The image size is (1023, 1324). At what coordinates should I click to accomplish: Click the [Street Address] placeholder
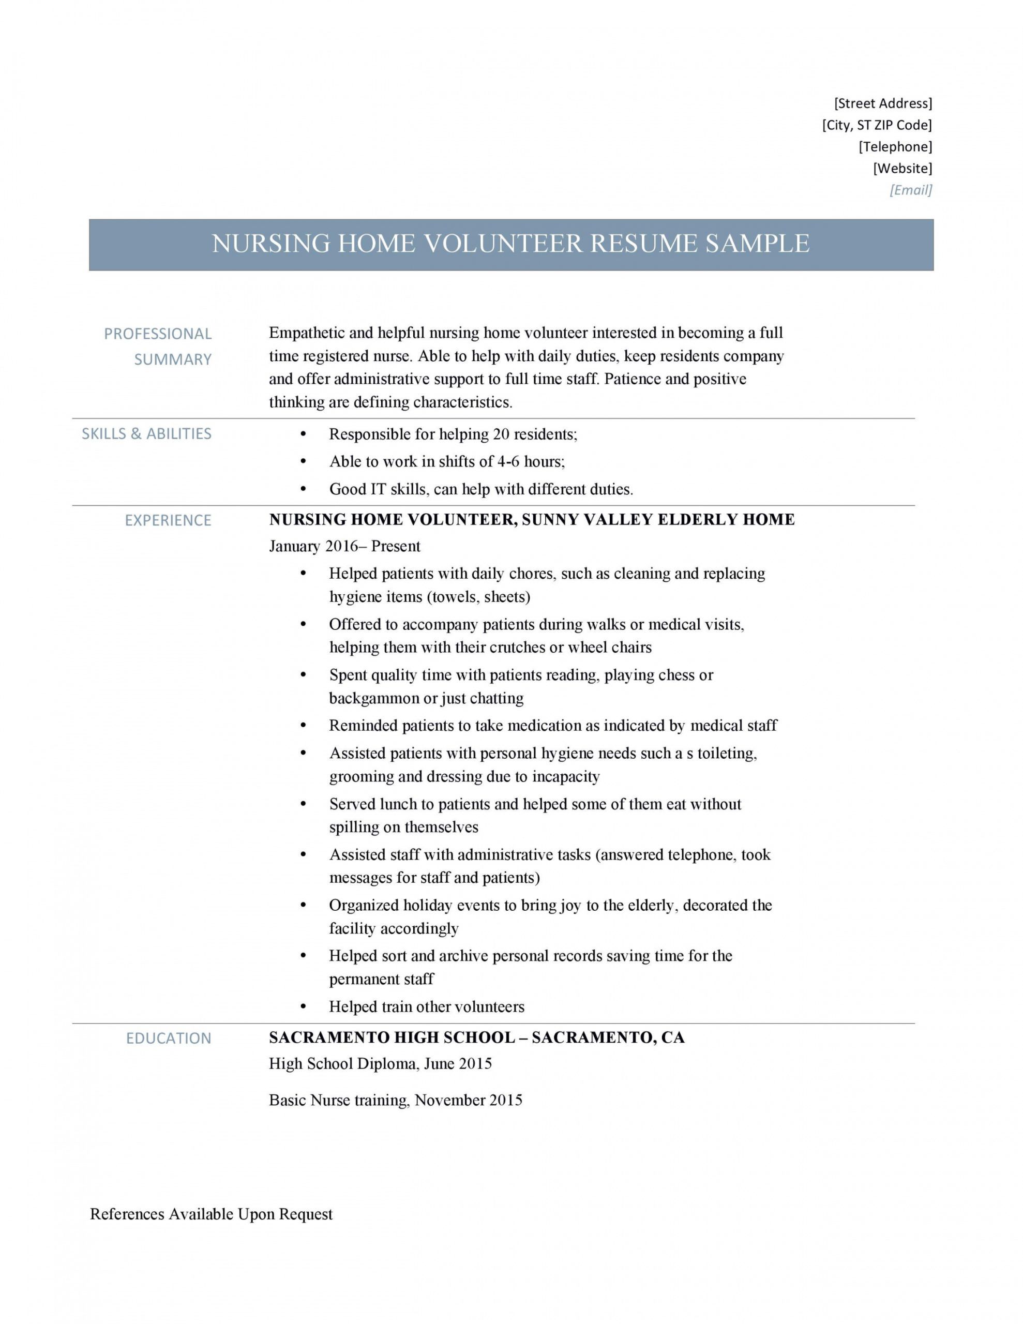(x=882, y=103)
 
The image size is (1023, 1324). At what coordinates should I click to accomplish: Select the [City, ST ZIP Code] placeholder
(x=876, y=125)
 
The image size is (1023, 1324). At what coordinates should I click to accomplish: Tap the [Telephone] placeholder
(x=895, y=147)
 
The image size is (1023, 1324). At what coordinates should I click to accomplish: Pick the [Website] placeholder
(x=902, y=168)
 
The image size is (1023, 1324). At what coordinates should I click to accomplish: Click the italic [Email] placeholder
(x=910, y=190)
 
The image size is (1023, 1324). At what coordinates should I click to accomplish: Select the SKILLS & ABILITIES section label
(x=146, y=433)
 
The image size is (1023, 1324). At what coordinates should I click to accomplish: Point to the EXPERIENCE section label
(x=168, y=520)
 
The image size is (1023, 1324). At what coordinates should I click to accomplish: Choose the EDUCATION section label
(x=169, y=1039)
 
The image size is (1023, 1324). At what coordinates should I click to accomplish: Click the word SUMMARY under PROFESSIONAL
(x=173, y=359)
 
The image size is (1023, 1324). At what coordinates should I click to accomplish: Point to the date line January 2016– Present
(x=344, y=546)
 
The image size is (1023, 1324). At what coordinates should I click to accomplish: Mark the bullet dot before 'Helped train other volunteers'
(x=304, y=1007)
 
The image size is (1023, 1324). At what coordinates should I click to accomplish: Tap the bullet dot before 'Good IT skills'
(x=304, y=489)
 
